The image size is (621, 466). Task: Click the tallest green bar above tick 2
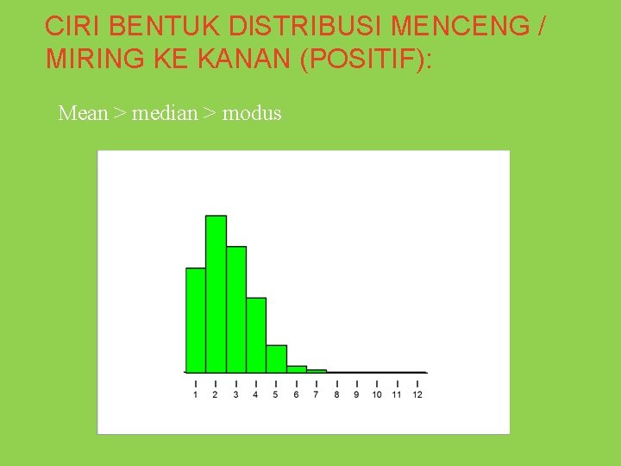pyautogui.click(x=216, y=293)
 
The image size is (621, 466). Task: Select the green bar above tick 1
pyautogui.click(x=196, y=319)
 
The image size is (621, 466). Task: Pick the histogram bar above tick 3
pyautogui.click(x=236, y=309)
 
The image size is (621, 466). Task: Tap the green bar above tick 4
pyautogui.click(x=256, y=335)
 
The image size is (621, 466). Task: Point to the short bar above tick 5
pyautogui.click(x=276, y=358)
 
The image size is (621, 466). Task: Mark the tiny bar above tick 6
pyautogui.click(x=297, y=368)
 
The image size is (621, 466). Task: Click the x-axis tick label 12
pyautogui.click(x=417, y=395)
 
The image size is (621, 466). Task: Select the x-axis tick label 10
pyautogui.click(x=377, y=395)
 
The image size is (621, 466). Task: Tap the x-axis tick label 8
pyautogui.click(x=336, y=395)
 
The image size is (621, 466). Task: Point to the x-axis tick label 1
pyautogui.click(x=196, y=395)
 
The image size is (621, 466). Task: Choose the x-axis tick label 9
pyautogui.click(x=356, y=395)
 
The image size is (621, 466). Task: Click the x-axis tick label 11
pyautogui.click(x=397, y=395)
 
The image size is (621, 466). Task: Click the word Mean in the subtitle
pyautogui.click(x=82, y=113)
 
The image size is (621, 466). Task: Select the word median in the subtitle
pyautogui.click(x=165, y=113)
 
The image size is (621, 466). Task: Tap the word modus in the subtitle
pyautogui.click(x=252, y=113)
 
